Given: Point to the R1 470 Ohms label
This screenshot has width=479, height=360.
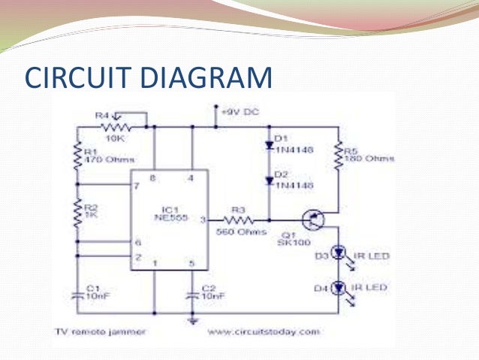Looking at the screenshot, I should (x=99, y=155).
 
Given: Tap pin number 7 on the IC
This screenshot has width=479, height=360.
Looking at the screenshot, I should (x=137, y=186).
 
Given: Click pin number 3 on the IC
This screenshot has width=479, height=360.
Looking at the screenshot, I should (x=202, y=219).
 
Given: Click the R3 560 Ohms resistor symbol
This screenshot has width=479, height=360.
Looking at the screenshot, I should (x=239, y=220).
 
